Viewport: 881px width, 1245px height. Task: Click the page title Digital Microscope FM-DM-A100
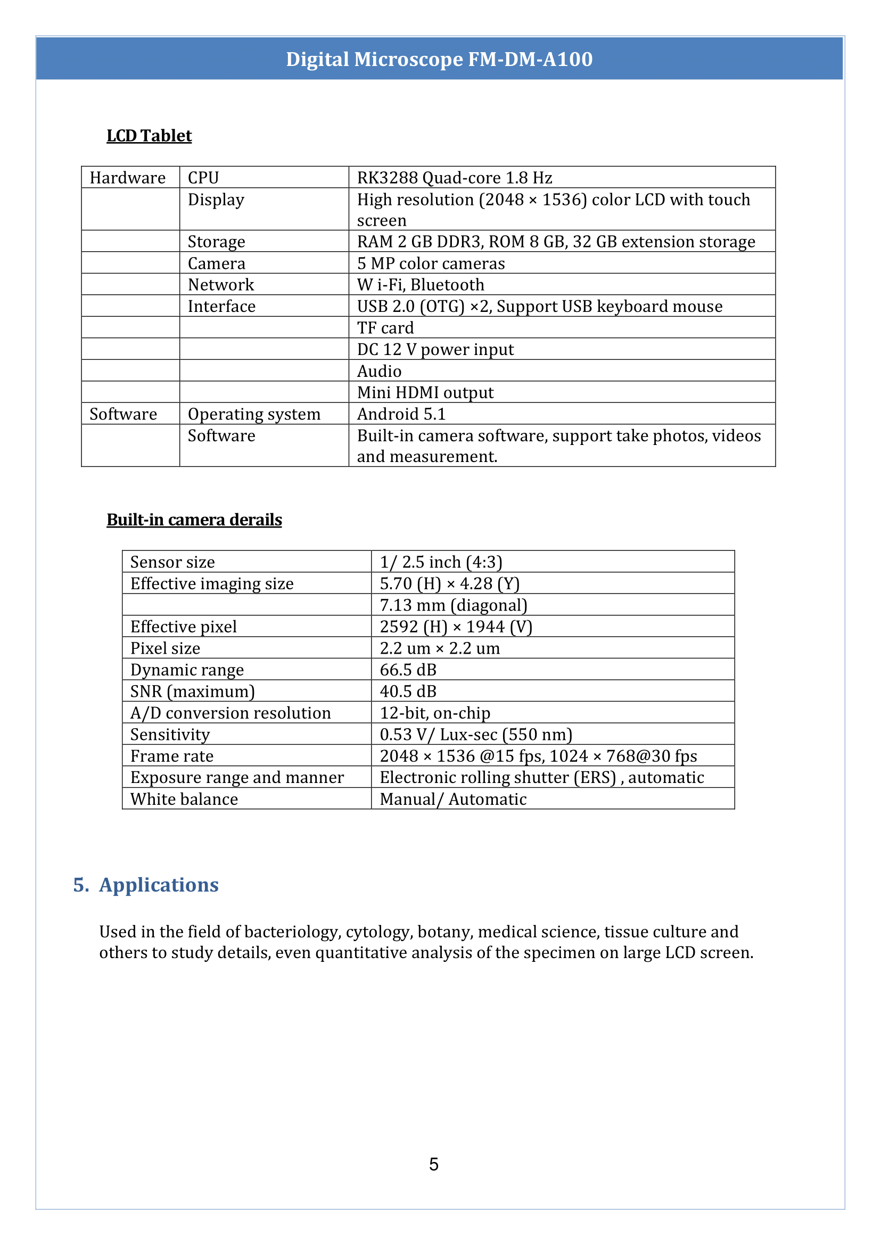tap(439, 59)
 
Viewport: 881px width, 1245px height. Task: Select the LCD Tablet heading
tap(149, 136)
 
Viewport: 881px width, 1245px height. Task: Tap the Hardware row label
tap(127, 178)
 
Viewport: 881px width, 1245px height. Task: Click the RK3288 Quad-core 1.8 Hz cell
tap(454, 178)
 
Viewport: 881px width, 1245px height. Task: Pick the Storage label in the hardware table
tap(216, 242)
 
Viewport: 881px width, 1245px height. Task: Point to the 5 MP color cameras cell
tap(431, 263)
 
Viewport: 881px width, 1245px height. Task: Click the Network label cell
tap(221, 285)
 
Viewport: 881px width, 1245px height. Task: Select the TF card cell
tap(385, 328)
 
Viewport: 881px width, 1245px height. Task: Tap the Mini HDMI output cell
tap(425, 392)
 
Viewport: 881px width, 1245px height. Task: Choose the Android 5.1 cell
tap(401, 414)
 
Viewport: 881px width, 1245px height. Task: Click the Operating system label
tap(254, 414)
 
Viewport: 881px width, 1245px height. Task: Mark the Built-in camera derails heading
tap(194, 520)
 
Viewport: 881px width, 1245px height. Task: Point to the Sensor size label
tap(172, 562)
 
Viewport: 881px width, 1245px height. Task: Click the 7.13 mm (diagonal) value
tap(453, 605)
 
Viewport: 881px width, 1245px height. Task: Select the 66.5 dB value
tap(408, 670)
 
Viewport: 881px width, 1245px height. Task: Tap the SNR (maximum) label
tap(193, 691)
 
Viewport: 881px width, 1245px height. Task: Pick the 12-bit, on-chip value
tap(434, 713)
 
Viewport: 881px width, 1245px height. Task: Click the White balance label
tap(184, 799)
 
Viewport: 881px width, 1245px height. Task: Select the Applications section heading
tap(159, 885)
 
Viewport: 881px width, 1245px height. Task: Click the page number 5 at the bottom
tap(434, 1164)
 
